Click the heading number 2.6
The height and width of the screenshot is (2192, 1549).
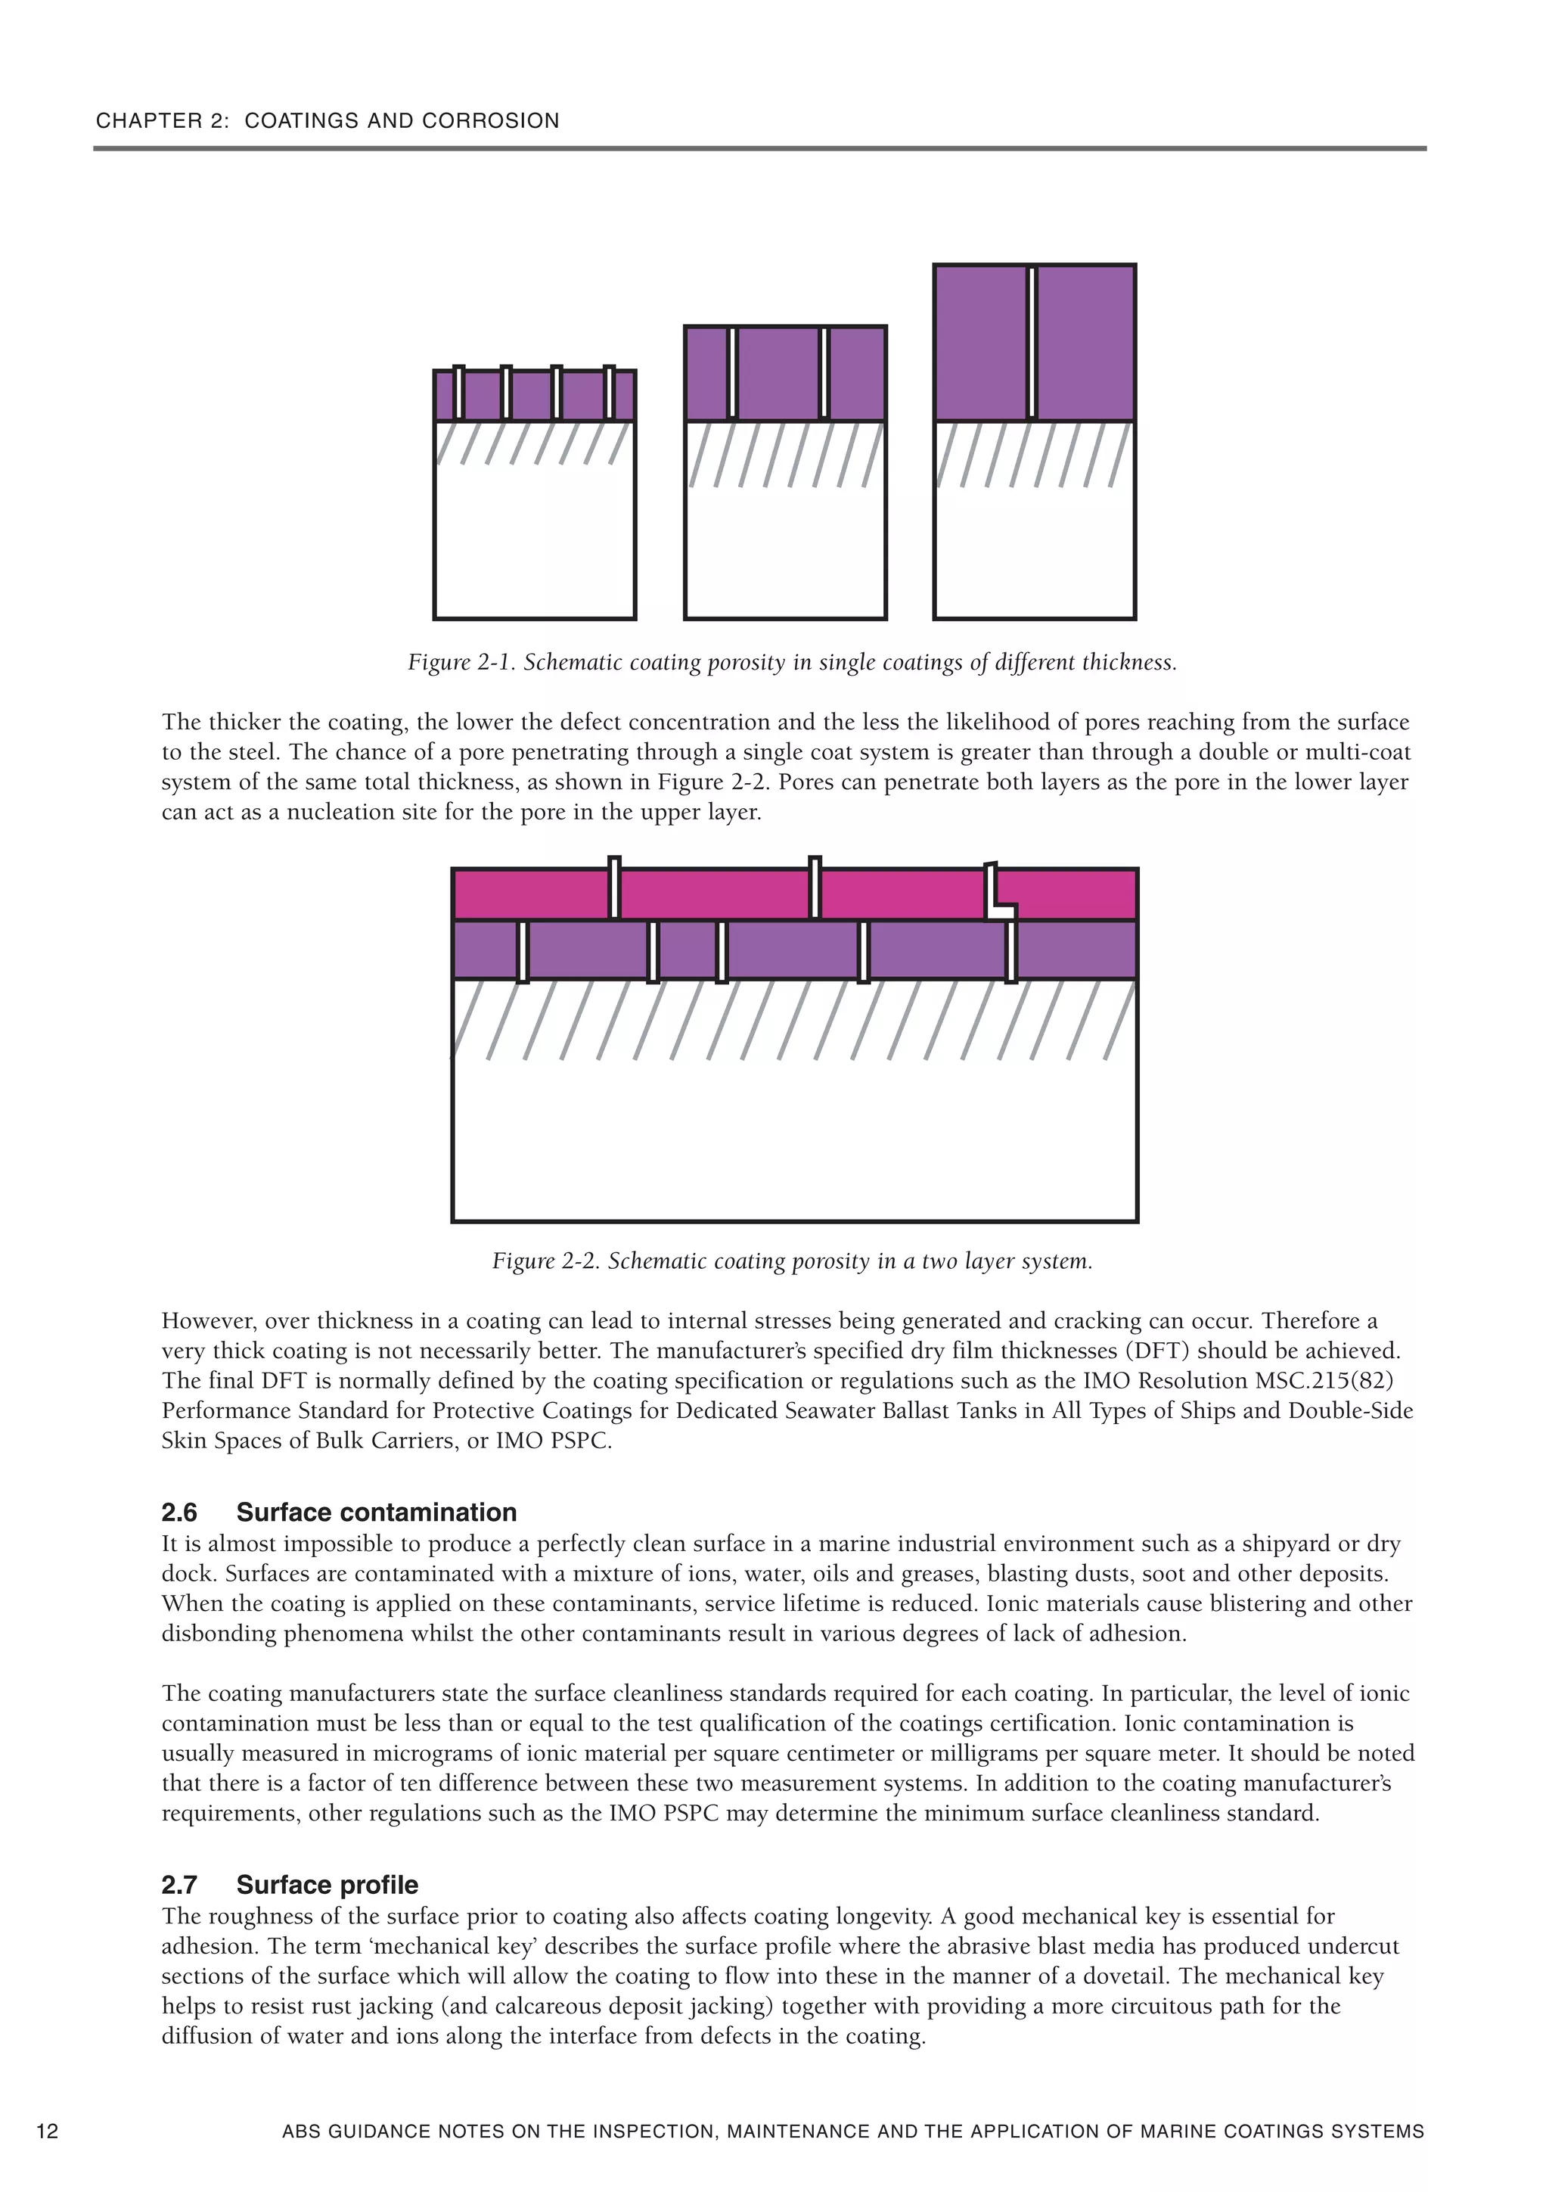(x=179, y=1513)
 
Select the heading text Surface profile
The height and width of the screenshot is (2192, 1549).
(x=327, y=1885)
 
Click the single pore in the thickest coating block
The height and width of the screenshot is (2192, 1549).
(x=1032, y=343)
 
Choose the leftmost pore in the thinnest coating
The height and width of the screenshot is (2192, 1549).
(x=459, y=393)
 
